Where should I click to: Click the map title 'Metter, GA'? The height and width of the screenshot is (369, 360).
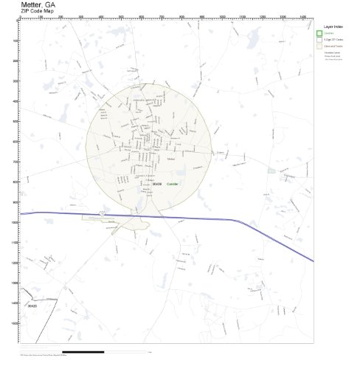click(39, 4)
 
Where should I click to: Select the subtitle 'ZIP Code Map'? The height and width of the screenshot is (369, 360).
click(37, 12)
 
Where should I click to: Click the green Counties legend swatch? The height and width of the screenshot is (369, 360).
click(319, 33)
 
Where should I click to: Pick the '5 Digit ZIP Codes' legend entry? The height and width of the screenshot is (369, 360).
click(331, 39)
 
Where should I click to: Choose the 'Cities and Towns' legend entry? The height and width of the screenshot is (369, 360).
click(331, 46)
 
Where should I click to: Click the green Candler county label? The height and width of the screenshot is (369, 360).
click(173, 184)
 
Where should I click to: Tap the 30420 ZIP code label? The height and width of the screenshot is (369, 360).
click(31, 304)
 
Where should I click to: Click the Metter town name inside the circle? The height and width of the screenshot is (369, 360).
click(172, 159)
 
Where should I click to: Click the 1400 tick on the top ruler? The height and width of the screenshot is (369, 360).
click(303, 18)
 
